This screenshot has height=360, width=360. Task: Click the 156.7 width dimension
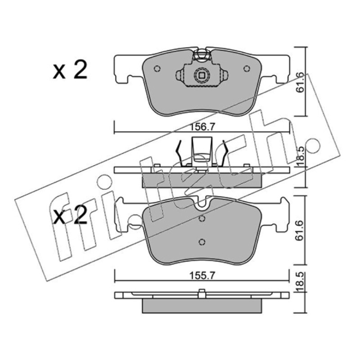202,127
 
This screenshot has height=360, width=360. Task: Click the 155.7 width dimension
202,275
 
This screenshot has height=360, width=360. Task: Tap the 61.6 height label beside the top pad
300,83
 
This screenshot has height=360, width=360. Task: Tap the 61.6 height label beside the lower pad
300,231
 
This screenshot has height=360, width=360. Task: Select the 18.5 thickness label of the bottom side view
300,282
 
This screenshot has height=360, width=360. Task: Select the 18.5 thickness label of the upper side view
300,157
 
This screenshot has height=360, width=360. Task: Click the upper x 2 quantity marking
70,70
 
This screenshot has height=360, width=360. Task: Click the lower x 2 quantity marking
70,215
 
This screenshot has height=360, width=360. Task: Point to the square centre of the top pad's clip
202,75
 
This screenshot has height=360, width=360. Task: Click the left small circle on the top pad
157,68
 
